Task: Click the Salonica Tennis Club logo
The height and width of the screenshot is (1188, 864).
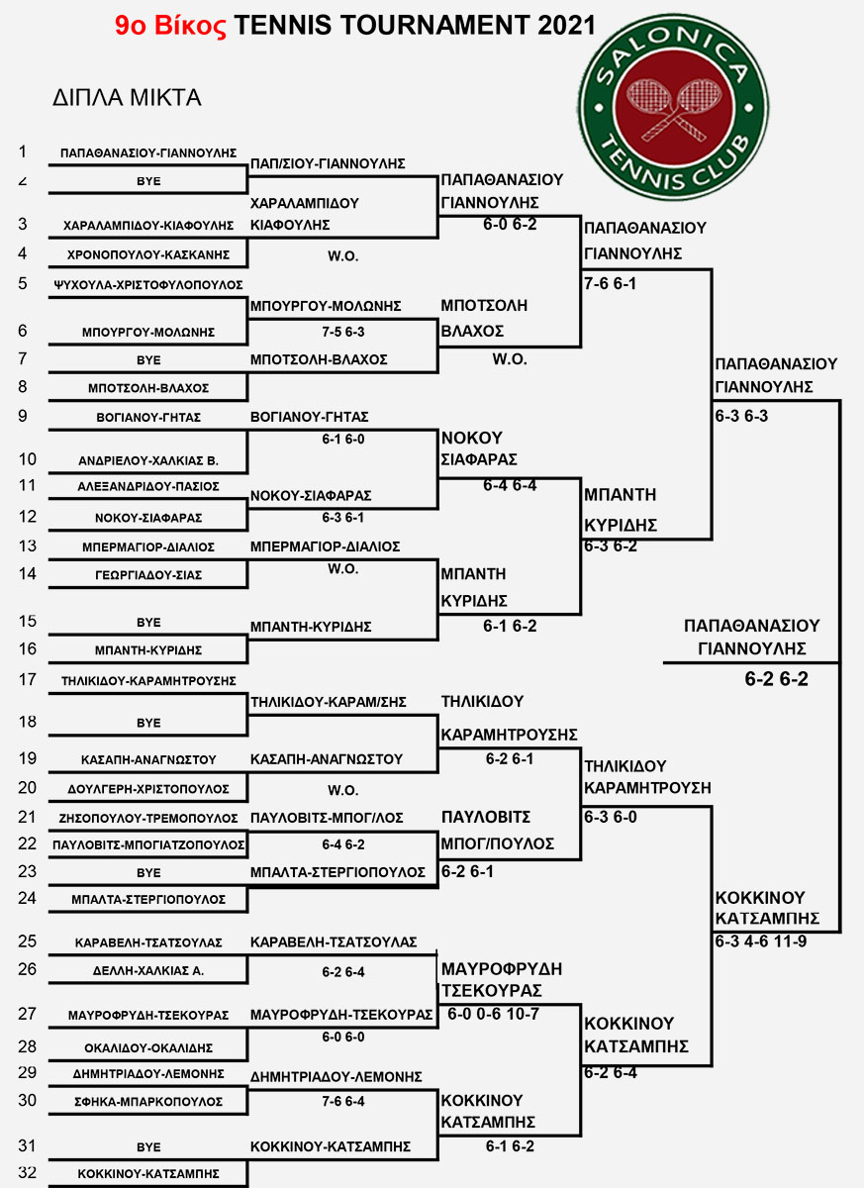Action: (x=673, y=108)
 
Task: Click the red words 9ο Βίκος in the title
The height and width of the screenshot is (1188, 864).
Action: (x=170, y=26)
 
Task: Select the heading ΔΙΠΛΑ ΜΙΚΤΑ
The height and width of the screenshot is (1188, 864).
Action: (x=127, y=98)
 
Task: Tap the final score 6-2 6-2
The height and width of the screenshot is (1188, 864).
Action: (x=776, y=679)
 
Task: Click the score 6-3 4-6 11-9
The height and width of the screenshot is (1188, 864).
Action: (x=761, y=941)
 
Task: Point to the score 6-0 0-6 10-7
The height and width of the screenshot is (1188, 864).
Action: (x=493, y=1014)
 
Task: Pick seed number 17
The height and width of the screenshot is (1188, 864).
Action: (x=28, y=679)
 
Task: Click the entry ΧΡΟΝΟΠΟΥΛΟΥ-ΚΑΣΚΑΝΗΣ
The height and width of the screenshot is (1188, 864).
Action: (x=148, y=255)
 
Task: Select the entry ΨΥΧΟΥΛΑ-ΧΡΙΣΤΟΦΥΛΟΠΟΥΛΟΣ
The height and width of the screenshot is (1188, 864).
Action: (x=148, y=285)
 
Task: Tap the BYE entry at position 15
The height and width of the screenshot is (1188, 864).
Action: (x=148, y=622)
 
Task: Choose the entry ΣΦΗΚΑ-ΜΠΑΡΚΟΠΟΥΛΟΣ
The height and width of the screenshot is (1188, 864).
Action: (x=148, y=1102)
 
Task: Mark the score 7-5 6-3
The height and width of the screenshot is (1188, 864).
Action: (x=343, y=332)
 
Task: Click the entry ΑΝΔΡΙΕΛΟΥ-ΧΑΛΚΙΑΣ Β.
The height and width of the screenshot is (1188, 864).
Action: (x=148, y=461)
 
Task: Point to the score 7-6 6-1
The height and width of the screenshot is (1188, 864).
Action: (x=610, y=284)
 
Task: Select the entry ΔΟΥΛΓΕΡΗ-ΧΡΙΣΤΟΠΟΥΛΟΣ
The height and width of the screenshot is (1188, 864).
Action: (x=148, y=789)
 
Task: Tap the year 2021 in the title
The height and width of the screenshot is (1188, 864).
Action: (x=567, y=26)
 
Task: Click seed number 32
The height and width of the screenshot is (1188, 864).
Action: (x=28, y=1171)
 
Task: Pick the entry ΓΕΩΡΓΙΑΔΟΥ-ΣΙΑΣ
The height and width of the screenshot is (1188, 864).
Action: (x=148, y=575)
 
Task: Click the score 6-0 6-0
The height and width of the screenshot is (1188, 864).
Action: (x=343, y=1037)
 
